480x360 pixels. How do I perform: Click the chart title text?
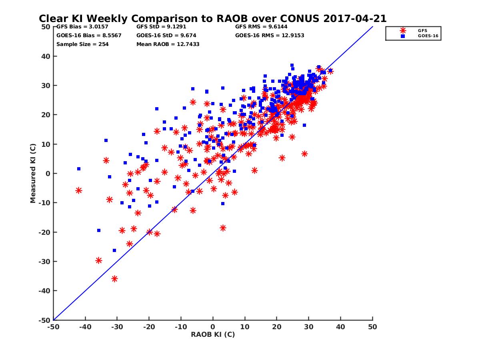pyautogui.click(x=212, y=18)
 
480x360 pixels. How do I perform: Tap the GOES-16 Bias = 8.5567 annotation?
pyautogui.click(x=89, y=35)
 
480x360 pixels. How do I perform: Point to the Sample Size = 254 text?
pyautogui.click(x=82, y=44)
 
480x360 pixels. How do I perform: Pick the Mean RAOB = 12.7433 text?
pyautogui.click(x=168, y=44)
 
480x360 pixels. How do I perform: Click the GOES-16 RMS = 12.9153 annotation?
pyautogui.click(x=270, y=35)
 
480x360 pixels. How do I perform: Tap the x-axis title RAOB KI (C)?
pyautogui.click(x=213, y=334)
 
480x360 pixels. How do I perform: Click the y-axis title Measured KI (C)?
pyautogui.click(x=33, y=173)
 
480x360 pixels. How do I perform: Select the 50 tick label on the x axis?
pyautogui.click(x=372, y=327)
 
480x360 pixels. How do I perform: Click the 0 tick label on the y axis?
pyautogui.click(x=48, y=174)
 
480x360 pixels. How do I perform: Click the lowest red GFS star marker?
pyautogui.click(x=114, y=279)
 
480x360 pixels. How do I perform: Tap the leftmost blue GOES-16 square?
pyautogui.click(x=79, y=169)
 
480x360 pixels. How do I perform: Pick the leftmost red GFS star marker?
pyautogui.click(x=79, y=190)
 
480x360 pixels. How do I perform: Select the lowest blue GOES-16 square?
pyautogui.click(x=114, y=250)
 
